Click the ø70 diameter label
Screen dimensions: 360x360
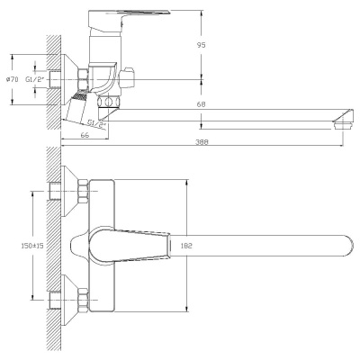(12, 80)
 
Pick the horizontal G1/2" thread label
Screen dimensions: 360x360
(36, 80)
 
